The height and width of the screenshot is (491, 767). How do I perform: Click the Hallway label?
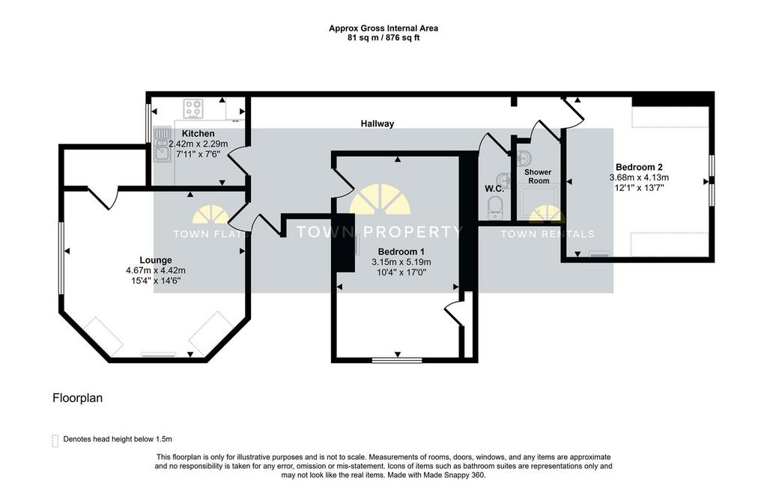click(x=378, y=123)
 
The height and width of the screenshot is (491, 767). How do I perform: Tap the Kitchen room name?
click(x=198, y=133)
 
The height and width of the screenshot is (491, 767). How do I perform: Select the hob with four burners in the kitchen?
click(x=193, y=109)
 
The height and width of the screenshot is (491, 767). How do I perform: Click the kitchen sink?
click(x=160, y=144)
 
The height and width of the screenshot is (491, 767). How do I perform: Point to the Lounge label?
click(x=156, y=260)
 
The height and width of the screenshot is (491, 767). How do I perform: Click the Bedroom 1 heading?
click(x=401, y=251)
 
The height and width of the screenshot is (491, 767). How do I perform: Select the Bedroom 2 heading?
click(x=639, y=167)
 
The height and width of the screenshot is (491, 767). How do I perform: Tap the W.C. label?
click(x=494, y=189)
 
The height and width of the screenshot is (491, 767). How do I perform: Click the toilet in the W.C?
click(x=496, y=207)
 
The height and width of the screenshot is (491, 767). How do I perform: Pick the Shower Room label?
click(x=538, y=176)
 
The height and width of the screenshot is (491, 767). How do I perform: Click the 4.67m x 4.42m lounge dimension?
click(x=156, y=270)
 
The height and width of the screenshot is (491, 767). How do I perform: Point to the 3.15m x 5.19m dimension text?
click(x=401, y=262)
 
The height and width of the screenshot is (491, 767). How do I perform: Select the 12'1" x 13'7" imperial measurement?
click(x=639, y=187)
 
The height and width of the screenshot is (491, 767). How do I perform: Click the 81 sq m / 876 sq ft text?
click(x=383, y=37)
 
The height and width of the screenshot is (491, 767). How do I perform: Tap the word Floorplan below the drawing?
click(x=77, y=398)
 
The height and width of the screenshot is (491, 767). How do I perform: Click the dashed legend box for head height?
click(x=55, y=441)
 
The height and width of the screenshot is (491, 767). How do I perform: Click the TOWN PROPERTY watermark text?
click(x=379, y=231)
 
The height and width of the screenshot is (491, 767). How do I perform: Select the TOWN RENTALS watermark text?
click(x=548, y=234)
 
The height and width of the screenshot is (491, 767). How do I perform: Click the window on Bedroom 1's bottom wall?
click(x=397, y=361)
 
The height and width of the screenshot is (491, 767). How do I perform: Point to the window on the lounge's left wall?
click(x=61, y=258)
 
